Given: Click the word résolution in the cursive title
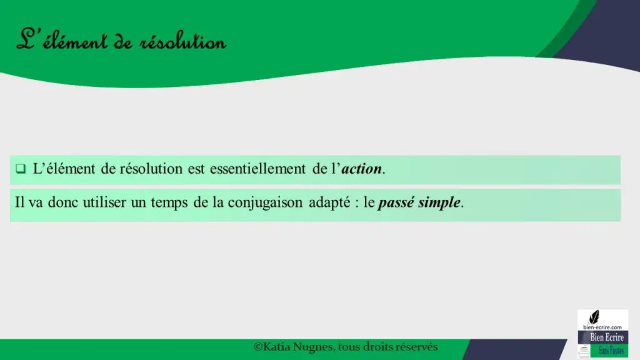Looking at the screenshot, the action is pyautogui.click(x=182, y=42).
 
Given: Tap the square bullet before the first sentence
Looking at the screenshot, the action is pyautogui.click(x=21, y=169).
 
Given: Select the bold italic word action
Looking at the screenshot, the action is pyautogui.click(x=362, y=169).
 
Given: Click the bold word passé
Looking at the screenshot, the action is pyautogui.click(x=396, y=203).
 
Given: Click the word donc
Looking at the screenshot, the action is pyautogui.click(x=63, y=202).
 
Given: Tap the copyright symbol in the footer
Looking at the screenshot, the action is pyautogui.click(x=258, y=347).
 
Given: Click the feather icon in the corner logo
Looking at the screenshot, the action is pyautogui.click(x=594, y=317).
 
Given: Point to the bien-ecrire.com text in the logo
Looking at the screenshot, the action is pyautogui.click(x=602, y=327).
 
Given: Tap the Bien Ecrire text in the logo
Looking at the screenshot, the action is pyautogui.click(x=607, y=337).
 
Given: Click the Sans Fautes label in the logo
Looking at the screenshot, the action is pyautogui.click(x=611, y=350).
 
